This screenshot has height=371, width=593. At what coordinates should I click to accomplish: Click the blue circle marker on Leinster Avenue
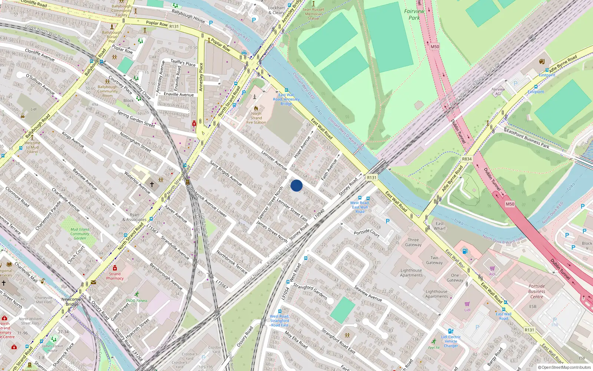tap(296, 185)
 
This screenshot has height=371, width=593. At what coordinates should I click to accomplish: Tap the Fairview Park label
tap(414, 14)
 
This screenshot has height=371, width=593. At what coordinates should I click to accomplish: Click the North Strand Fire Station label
tap(256, 118)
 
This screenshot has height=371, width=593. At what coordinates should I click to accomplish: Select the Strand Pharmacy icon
tap(115, 268)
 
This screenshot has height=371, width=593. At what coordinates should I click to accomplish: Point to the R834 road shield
tap(467, 159)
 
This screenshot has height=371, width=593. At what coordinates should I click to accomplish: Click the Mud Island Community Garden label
tap(80, 234)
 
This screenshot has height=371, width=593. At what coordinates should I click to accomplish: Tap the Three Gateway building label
tap(413, 242)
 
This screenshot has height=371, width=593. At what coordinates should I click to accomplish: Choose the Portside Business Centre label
tap(537, 291)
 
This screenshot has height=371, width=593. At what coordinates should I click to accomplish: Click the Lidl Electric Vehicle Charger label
tap(451, 341)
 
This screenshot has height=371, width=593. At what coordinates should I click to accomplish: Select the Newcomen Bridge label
tap(72, 302)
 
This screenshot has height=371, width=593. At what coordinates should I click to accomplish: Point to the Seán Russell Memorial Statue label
tap(313, 14)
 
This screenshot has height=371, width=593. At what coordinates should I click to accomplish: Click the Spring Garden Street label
tap(136, 119)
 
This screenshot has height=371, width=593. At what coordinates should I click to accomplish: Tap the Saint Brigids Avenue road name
tap(225, 173)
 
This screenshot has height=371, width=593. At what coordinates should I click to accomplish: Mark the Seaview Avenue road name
tap(368, 293)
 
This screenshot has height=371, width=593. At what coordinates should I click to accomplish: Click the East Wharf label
tap(440, 226)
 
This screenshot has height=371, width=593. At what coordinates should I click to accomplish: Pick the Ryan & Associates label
tap(135, 217)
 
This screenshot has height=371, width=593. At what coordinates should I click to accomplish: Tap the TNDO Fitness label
tap(136, 301)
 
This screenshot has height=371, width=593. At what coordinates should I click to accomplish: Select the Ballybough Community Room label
tap(107, 91)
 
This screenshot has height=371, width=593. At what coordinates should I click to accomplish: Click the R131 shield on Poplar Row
tap(174, 26)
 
